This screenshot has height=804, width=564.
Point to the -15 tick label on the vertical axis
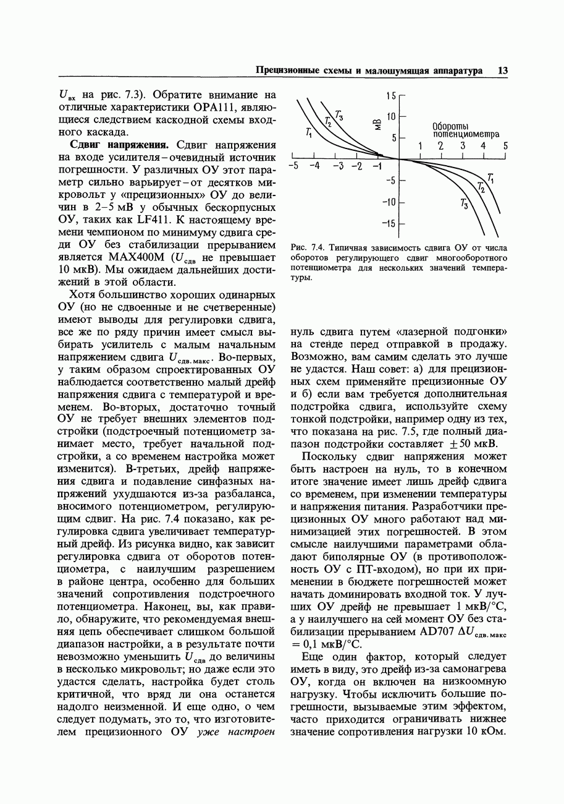389,223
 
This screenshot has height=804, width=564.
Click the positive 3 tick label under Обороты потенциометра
463,147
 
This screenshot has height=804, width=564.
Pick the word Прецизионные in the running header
289,71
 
